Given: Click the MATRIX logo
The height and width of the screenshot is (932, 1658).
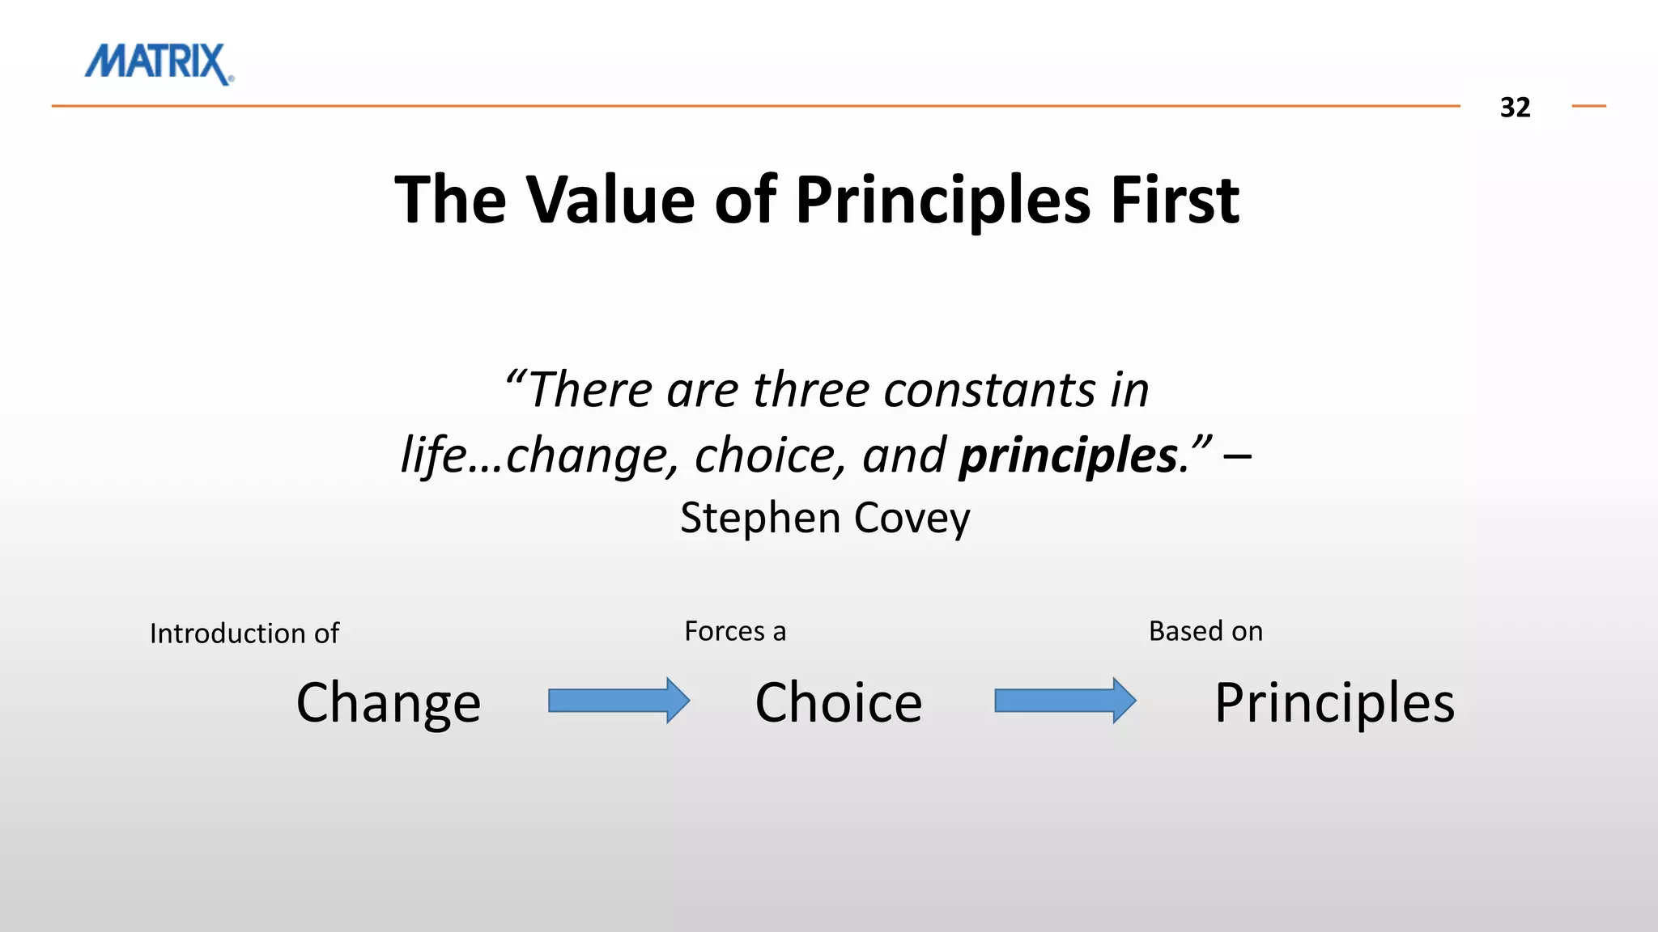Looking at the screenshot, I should click(159, 63).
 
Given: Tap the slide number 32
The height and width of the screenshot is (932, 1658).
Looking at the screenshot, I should click(1515, 108).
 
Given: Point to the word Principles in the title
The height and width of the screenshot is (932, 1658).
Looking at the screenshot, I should click(942, 201).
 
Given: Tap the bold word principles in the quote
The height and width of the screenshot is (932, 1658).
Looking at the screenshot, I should click(1068, 455).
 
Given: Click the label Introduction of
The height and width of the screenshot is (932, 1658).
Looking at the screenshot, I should click(244, 633).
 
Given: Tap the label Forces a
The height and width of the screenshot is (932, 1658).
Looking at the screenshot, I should click(735, 631).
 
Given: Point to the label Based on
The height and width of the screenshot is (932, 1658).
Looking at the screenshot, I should click(1205, 631).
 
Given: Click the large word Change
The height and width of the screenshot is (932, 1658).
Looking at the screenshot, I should click(389, 703).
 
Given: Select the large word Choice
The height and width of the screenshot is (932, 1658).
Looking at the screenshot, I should click(839, 702).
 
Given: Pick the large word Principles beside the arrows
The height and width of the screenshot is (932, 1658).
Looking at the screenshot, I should click(1334, 703).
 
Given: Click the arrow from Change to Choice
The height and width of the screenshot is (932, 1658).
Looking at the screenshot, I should click(619, 701).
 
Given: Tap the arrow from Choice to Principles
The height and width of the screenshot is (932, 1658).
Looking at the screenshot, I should click(1065, 701).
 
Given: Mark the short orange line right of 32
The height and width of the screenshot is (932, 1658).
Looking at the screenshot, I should click(1588, 106).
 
